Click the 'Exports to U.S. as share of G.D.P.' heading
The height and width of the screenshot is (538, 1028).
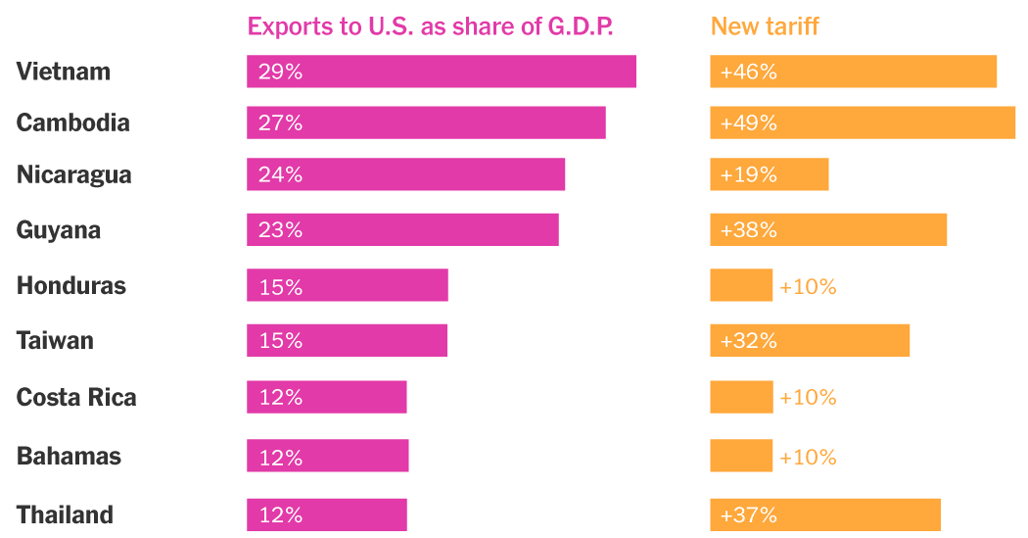pos(430,25)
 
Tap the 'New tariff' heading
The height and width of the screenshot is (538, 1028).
pos(765,25)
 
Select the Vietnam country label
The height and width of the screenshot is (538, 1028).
pos(64,72)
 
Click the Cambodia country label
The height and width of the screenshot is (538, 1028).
pos(73,122)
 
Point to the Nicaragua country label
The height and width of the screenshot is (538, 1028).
pos(74,174)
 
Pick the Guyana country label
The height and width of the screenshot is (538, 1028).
pos(59,229)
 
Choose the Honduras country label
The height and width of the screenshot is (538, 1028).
pos(71,285)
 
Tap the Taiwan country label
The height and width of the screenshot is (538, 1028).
pos(56,340)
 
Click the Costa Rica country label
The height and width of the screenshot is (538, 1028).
pos(76,397)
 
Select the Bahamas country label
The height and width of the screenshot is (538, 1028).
pos(70,456)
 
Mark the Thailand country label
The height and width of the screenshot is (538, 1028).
pos(66,514)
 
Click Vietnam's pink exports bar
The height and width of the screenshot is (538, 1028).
pos(441,72)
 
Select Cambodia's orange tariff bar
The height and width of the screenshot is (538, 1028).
pos(862,122)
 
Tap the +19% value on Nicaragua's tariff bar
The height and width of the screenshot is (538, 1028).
pos(749,174)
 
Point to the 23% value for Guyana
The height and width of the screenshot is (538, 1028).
pos(280,229)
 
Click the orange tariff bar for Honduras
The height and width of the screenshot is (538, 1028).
pos(741,285)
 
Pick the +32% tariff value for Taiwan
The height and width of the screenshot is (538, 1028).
pos(749,340)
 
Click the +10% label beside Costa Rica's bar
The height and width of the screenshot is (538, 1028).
pos(808,397)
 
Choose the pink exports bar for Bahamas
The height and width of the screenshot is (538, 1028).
pos(327,456)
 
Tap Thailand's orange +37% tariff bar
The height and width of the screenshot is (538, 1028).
pos(824,514)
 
